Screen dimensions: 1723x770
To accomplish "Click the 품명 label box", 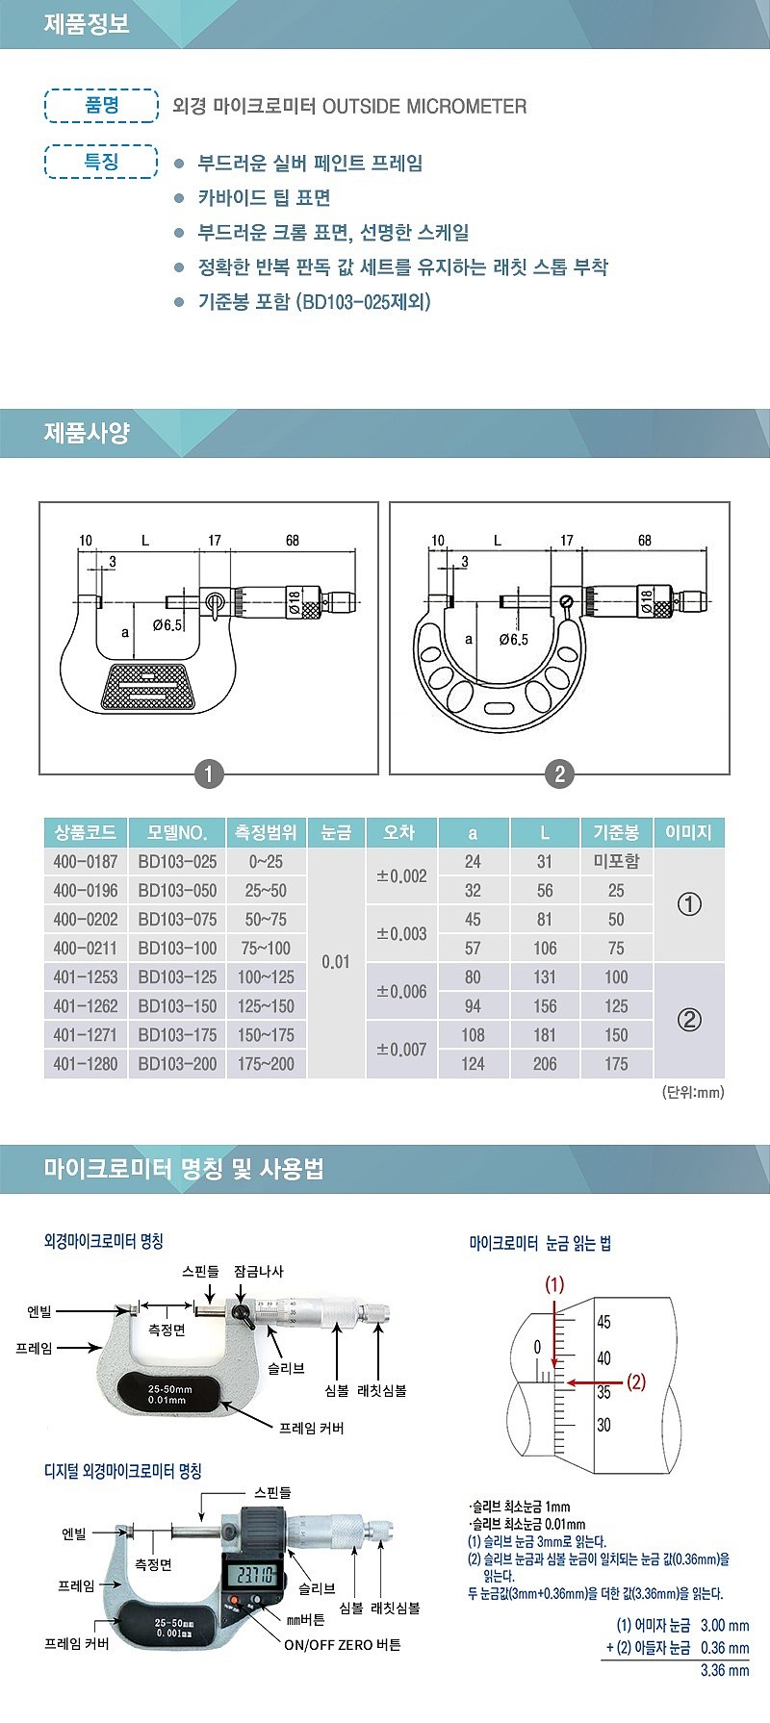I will tap(101, 105).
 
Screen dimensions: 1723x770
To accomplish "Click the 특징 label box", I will tap(101, 161).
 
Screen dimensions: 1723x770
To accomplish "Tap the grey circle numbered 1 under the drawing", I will tap(209, 773).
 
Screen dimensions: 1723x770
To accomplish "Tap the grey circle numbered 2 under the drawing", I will tap(559, 773).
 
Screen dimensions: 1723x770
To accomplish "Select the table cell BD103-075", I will tap(177, 920).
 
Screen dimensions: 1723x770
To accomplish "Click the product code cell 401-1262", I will tap(86, 1006).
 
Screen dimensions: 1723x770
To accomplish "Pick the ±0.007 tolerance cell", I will tap(401, 1050).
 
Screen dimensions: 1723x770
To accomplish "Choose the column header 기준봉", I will tap(616, 833).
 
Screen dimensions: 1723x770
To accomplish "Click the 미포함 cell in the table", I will tap(616, 862).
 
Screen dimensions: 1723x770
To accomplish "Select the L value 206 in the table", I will tap(545, 1064).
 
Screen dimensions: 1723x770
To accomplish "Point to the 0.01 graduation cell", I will tap(336, 962).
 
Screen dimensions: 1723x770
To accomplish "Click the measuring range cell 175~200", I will tap(266, 1064).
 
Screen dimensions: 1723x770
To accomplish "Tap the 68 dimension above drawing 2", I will tap(645, 541).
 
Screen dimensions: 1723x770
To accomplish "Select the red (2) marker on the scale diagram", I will tap(636, 1381).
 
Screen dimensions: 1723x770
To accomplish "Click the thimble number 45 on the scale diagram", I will tap(603, 1322).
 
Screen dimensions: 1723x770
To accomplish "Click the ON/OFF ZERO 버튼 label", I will tap(342, 1645).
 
